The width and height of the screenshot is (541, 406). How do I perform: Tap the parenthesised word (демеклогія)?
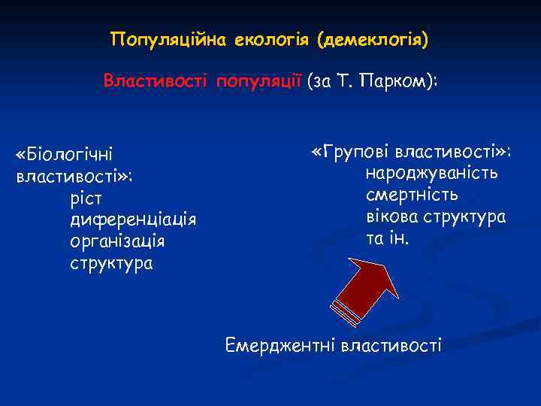click(372, 38)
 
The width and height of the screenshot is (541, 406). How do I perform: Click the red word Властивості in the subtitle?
click(157, 80)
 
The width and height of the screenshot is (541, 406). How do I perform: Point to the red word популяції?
click(259, 80)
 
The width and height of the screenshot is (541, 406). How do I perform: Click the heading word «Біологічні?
click(64, 155)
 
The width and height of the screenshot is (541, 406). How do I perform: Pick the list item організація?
click(117, 241)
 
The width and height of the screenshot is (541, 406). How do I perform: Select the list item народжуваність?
click(431, 174)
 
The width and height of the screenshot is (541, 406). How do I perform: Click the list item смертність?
click(412, 195)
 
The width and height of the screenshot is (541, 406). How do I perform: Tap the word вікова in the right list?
click(391, 217)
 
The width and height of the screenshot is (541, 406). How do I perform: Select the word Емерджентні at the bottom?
click(280, 346)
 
